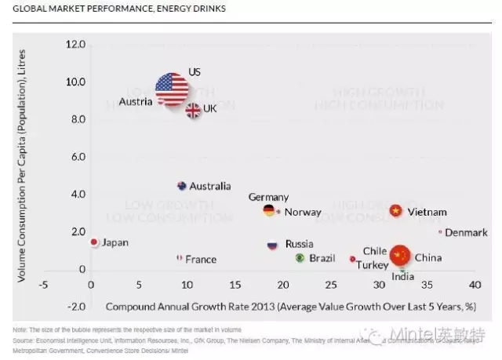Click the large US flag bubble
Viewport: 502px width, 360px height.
(171, 89)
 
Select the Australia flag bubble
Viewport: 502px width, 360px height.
(182, 186)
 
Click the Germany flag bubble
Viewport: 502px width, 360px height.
(269, 210)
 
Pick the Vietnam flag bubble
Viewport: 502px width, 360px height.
(396, 211)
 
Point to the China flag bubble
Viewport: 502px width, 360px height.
(400, 256)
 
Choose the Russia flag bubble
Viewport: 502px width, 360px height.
(272, 245)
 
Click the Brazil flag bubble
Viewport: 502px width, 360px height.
(300, 258)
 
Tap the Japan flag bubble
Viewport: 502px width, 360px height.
(94, 242)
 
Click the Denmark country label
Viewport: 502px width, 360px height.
(468, 232)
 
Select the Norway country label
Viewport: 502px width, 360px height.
(303, 213)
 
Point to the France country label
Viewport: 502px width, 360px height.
(201, 260)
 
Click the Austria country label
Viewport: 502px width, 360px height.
(136, 102)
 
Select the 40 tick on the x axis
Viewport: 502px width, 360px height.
(474, 285)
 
